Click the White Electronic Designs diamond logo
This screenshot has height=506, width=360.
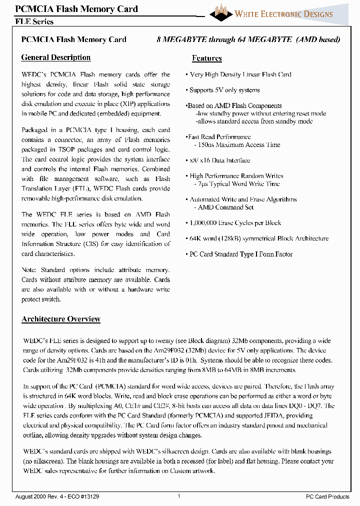221,12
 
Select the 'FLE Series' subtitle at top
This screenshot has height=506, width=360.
34,22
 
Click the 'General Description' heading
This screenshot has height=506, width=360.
56,57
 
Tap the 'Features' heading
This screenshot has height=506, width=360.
207,58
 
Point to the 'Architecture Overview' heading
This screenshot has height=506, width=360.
61,319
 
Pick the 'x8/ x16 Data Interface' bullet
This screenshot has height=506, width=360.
218,160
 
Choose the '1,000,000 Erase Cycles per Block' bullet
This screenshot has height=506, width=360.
234,223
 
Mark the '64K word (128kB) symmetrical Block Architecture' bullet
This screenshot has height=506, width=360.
258,238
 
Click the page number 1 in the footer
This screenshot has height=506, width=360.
179,496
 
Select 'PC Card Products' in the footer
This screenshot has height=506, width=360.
327,496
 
